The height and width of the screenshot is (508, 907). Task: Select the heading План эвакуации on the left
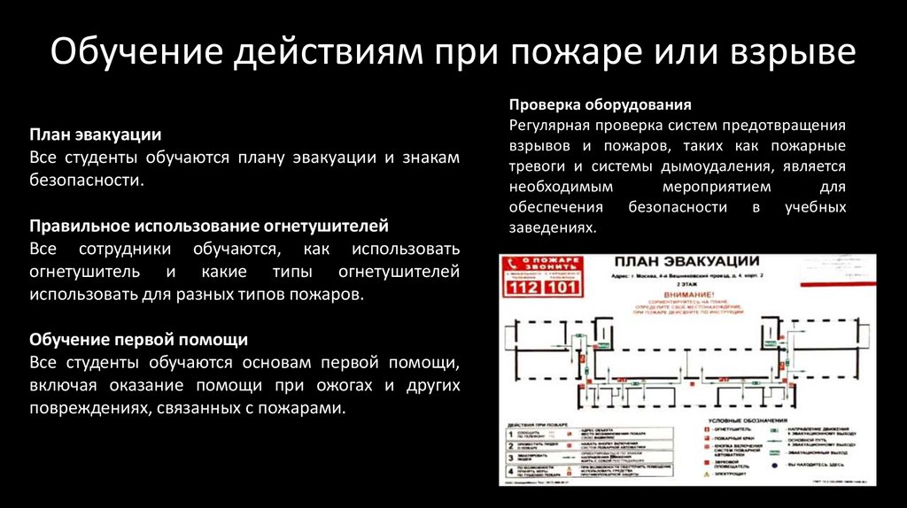click(96, 135)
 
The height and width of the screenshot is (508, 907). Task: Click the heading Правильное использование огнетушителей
click(209, 225)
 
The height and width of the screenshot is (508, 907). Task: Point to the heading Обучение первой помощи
click(139, 339)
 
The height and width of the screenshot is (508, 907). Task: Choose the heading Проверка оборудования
click(600, 104)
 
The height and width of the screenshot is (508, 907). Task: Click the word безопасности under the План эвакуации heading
click(86, 180)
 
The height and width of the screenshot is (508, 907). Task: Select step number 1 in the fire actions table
click(511, 434)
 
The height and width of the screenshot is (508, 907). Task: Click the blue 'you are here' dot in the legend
click(774, 464)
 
